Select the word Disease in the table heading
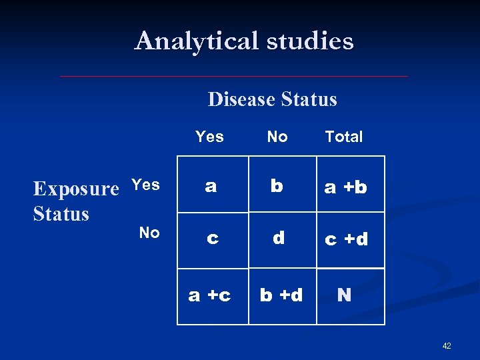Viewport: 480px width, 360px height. click(x=241, y=99)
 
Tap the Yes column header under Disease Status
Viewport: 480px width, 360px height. click(x=209, y=137)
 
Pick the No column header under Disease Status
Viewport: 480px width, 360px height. click(x=277, y=137)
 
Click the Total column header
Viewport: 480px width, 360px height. click(x=344, y=137)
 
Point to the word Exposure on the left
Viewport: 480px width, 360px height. click(x=75, y=189)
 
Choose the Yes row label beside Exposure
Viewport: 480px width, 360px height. click(x=145, y=185)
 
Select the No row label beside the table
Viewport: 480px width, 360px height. click(x=149, y=233)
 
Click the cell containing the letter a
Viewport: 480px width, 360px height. click(x=211, y=186)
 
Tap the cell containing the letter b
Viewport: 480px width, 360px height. click(x=277, y=186)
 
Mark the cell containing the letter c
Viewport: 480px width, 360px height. click(x=212, y=238)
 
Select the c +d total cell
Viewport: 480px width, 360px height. click(x=345, y=239)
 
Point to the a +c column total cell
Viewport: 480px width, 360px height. click(x=210, y=295)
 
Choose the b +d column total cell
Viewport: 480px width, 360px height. click(x=281, y=295)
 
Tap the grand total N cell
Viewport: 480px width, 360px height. click(x=345, y=295)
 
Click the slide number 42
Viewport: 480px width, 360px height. click(x=446, y=346)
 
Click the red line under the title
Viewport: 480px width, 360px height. click(x=233, y=77)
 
